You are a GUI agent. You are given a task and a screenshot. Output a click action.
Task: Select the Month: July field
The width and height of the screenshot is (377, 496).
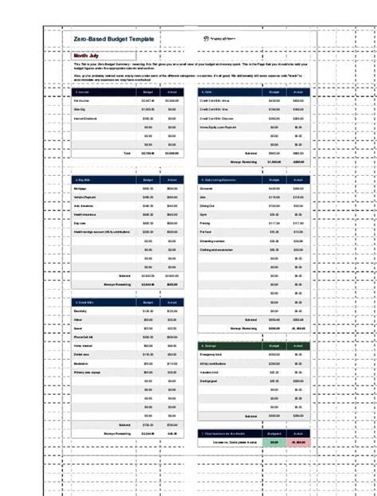[x=88, y=56]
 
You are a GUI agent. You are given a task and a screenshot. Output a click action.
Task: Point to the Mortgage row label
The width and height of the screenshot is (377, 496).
[x=81, y=189]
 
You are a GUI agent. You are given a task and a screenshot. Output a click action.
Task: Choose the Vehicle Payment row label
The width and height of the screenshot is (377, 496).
[x=85, y=197]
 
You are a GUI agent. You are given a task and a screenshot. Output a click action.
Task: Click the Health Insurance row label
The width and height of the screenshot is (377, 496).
[x=86, y=214]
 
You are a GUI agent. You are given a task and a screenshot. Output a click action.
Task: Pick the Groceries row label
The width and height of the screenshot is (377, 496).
[x=209, y=189]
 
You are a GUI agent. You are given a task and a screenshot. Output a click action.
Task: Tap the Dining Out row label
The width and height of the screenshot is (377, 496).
[x=208, y=206]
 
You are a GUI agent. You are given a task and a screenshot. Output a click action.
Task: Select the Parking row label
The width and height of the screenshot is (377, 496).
[x=207, y=223]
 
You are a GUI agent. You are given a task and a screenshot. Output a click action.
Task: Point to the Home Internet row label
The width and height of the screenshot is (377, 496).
[x=84, y=346]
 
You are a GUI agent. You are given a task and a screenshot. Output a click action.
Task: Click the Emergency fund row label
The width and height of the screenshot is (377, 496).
[x=212, y=354]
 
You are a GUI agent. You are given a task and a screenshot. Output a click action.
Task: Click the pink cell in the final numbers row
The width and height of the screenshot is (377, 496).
[x=299, y=442]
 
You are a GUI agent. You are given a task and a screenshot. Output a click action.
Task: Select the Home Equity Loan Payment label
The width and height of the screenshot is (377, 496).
[x=220, y=127]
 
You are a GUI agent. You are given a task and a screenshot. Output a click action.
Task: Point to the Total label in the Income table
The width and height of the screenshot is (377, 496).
[x=126, y=152]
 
